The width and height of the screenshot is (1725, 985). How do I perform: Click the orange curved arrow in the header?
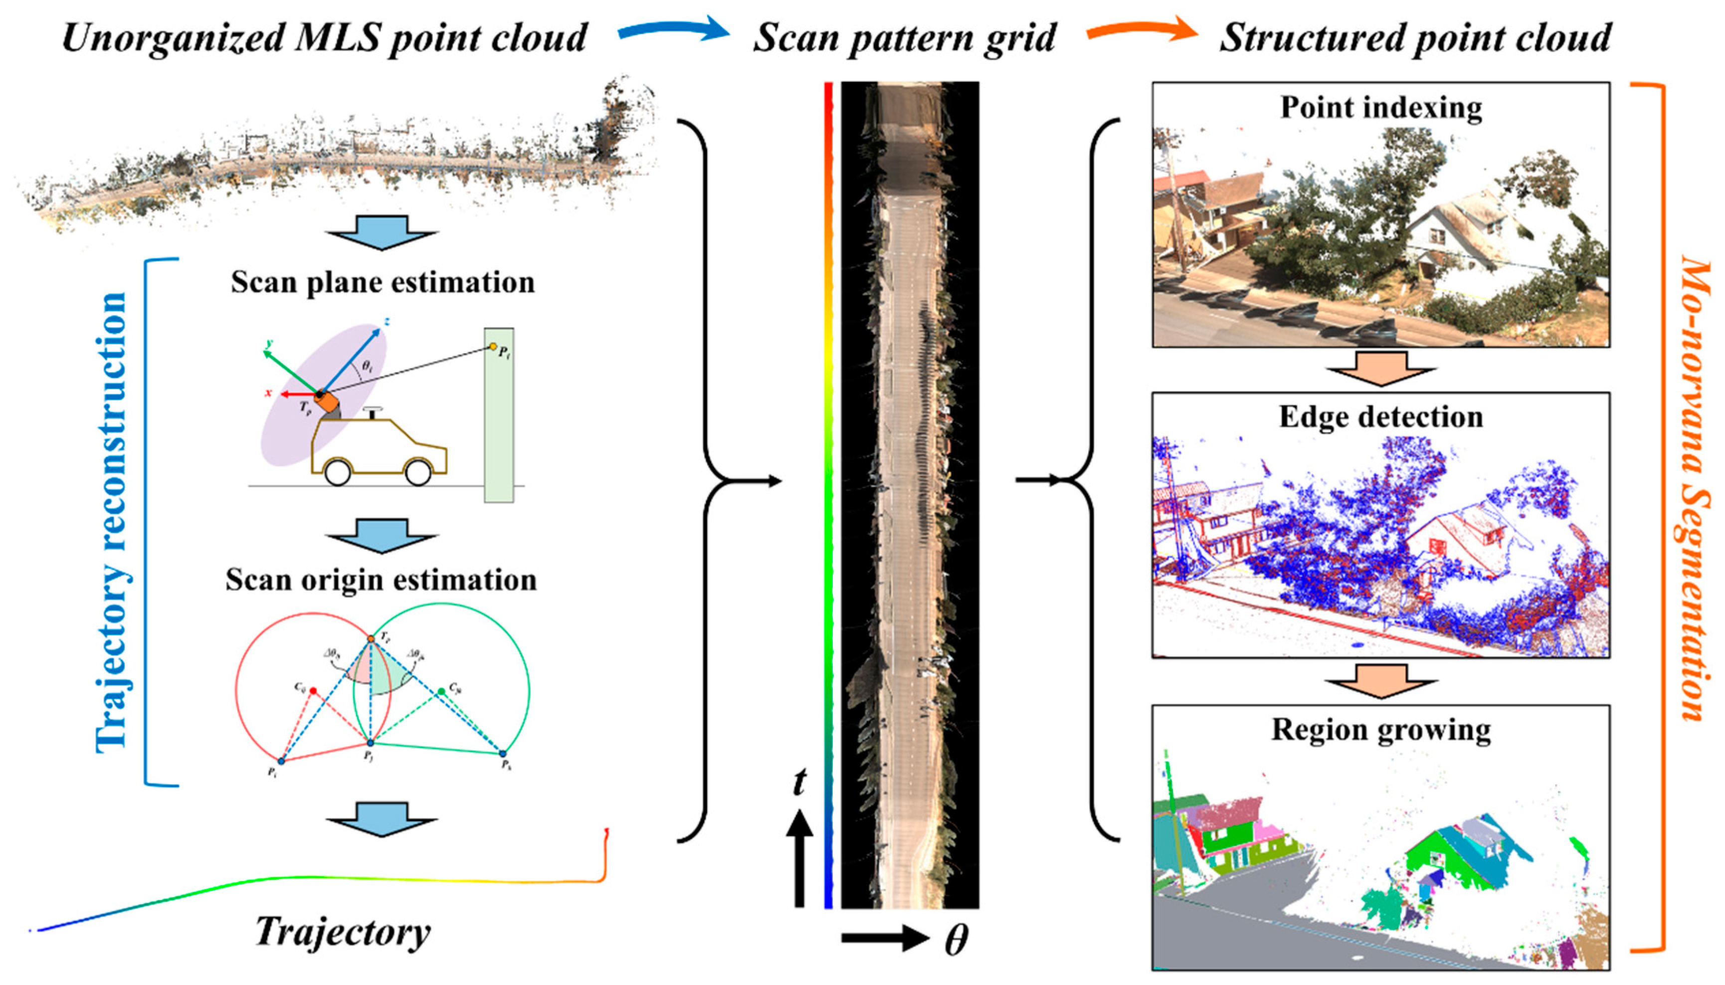(1140, 30)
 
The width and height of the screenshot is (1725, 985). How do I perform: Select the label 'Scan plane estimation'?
(382, 282)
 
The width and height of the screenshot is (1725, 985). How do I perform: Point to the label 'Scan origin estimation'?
(381, 580)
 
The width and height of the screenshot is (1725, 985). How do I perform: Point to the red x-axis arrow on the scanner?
(298, 393)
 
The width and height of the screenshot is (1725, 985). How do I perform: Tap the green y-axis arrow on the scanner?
(291, 369)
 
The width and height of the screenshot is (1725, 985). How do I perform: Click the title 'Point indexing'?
(1381, 108)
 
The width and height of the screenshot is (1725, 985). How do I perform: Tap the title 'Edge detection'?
(1381, 417)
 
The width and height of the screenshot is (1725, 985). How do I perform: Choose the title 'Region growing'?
(1381, 729)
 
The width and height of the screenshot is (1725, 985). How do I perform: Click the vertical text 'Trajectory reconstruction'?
(112, 521)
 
